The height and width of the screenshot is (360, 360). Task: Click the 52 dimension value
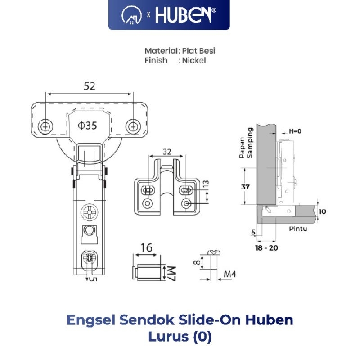90,86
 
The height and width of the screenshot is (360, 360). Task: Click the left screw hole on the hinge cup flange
45,126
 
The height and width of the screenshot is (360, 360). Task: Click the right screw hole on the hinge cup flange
132,126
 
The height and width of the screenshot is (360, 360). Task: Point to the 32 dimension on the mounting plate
167,152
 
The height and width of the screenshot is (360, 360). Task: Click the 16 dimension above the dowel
146,247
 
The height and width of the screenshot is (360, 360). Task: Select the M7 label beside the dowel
172,273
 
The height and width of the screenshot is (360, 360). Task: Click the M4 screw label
230,274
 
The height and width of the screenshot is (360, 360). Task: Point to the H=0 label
295,131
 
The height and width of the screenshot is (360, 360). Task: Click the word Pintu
298,229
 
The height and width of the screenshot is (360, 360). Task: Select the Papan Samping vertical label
245,143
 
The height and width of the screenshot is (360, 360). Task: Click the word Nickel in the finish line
194,60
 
